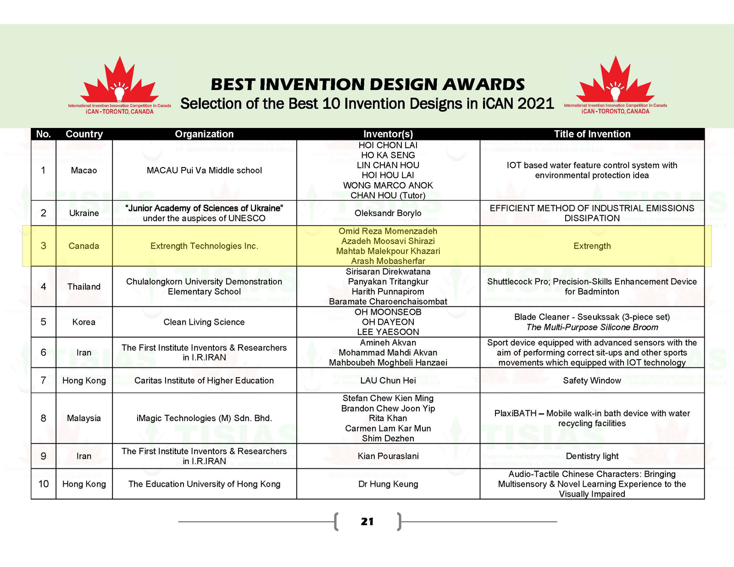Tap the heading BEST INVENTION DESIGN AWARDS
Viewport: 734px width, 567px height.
tap(367, 84)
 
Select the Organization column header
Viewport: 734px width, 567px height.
tap(204, 134)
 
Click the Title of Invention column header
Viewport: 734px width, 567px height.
tap(592, 134)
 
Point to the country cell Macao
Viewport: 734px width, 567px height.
tap(84, 170)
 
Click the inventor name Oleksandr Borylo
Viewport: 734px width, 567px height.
tap(388, 213)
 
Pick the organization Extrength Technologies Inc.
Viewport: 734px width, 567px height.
tap(204, 246)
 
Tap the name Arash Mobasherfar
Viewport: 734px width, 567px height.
tap(388, 261)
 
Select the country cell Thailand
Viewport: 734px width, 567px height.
tap(84, 287)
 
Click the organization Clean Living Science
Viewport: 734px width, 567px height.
tap(204, 322)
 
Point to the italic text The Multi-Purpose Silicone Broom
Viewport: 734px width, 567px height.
tap(592, 327)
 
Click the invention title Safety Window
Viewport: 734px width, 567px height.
tap(592, 380)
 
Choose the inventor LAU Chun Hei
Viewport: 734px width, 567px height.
tap(388, 380)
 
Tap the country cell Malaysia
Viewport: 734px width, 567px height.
tap(84, 418)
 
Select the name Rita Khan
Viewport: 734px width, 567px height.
tap(388, 418)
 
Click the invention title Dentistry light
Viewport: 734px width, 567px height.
tap(592, 456)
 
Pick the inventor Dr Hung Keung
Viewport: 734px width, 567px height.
tap(388, 484)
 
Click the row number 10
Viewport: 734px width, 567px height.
tap(44, 484)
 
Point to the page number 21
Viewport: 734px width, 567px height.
tap(367, 522)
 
